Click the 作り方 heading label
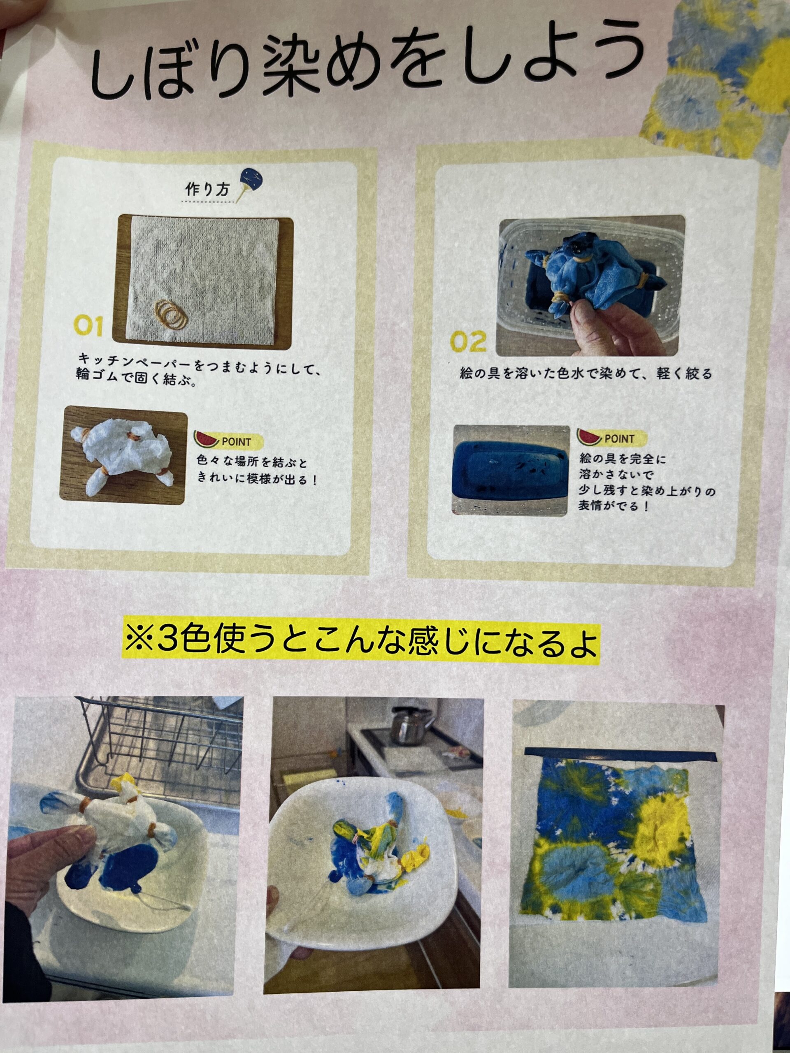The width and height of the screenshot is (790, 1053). (207, 190)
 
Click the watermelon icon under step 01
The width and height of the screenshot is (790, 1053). (205, 438)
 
